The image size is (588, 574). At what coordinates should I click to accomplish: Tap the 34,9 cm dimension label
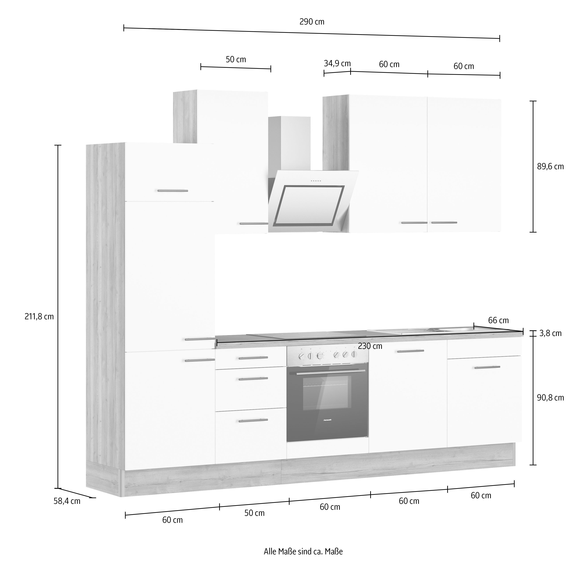pyautogui.click(x=337, y=64)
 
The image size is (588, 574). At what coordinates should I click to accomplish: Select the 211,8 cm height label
pyautogui.click(x=39, y=317)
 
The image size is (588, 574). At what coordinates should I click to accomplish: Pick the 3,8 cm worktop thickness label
pyautogui.click(x=550, y=333)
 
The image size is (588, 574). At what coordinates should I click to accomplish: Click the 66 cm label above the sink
pyautogui.click(x=498, y=321)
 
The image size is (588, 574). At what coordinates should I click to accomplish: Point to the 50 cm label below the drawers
pyautogui.click(x=254, y=513)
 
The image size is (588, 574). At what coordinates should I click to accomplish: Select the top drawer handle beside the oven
pyautogui.click(x=253, y=358)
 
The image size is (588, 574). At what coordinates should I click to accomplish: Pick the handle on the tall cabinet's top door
pyautogui.click(x=173, y=191)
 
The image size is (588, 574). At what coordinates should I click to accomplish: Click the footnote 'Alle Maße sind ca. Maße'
pyautogui.click(x=303, y=552)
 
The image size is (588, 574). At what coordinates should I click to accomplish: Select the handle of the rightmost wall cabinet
pyautogui.click(x=444, y=223)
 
